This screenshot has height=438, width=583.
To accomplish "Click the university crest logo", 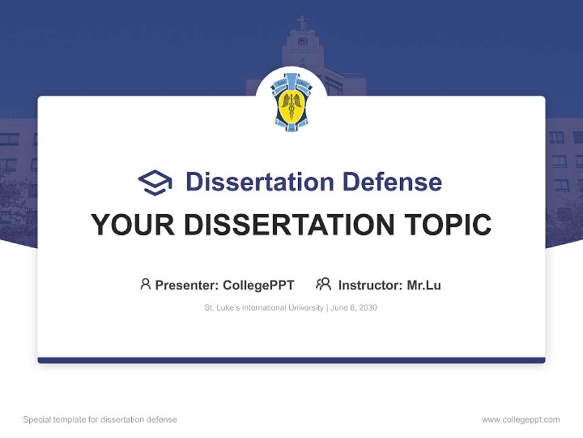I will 291,101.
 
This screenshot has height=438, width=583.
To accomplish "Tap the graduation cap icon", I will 155,182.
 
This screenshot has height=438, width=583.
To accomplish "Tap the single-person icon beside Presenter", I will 145,284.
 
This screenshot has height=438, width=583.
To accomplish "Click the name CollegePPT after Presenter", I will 259,285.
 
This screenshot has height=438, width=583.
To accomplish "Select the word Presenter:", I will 187,285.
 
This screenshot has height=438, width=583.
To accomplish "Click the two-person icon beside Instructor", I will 324,284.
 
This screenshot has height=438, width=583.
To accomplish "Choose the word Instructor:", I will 370,285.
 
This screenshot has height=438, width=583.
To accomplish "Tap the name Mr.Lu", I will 424,285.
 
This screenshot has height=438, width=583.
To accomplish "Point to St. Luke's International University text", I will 264,308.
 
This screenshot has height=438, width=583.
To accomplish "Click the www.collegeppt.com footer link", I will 520,420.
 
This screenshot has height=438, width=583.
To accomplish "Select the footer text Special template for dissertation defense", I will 100,420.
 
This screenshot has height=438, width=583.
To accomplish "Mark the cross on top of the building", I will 302,23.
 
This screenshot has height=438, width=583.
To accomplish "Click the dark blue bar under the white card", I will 291,360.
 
